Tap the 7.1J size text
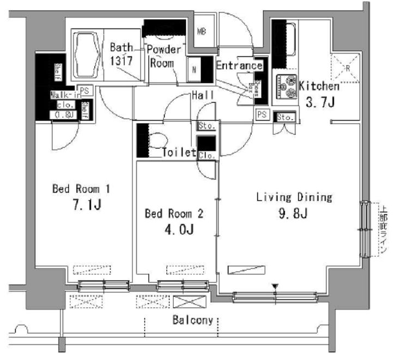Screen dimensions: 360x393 click(88, 206)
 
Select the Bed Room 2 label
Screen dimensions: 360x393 click(173, 214)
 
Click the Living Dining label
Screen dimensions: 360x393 click(294, 197)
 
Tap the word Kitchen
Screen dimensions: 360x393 click(319, 86)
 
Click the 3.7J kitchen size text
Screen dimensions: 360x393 click(321, 102)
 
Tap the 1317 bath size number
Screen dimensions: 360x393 click(120, 61)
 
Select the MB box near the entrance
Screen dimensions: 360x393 click(201, 32)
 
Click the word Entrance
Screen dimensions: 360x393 click(239, 66)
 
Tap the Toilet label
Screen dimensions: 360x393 click(179, 153)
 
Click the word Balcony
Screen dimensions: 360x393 click(192, 320)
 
